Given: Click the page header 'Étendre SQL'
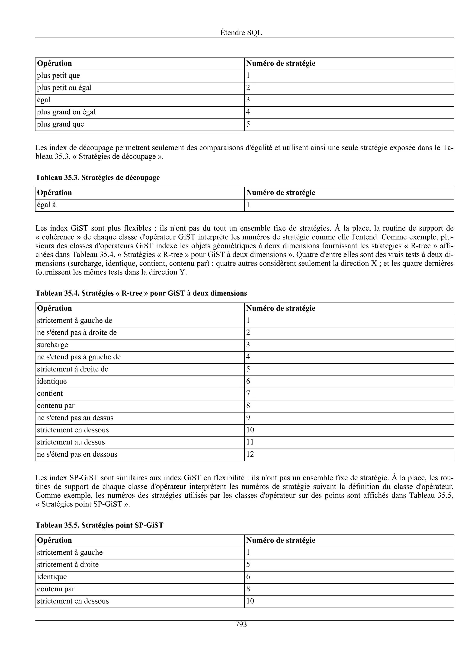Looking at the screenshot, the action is [x=241, y=33].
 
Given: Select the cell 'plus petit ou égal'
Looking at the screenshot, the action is [x=64, y=88].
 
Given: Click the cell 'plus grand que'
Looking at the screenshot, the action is [x=61, y=124].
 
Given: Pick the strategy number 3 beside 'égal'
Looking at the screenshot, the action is [x=248, y=100].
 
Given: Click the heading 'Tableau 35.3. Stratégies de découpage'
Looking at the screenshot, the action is [x=97, y=178].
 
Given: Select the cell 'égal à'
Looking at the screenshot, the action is [x=46, y=205].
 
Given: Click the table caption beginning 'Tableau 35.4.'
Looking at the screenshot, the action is [x=141, y=293].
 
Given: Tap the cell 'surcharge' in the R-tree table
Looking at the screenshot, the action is [x=52, y=345].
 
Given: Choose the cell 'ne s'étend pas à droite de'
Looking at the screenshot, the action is [x=77, y=333].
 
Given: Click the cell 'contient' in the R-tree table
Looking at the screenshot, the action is [x=50, y=394].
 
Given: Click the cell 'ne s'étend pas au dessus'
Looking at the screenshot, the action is [x=75, y=418].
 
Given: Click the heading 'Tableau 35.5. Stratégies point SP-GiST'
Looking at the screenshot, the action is [x=99, y=525].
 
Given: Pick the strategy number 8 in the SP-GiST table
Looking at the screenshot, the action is [x=248, y=589].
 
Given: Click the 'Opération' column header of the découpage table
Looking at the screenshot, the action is [x=55, y=193].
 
